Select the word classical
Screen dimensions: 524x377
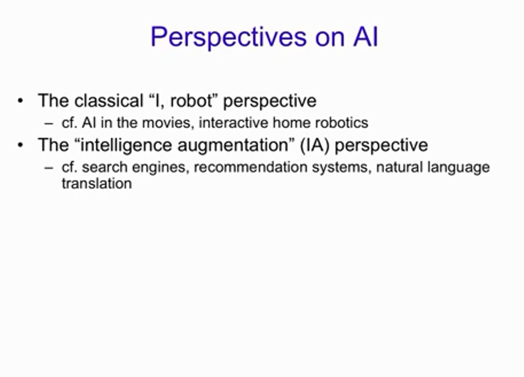(x=109, y=100)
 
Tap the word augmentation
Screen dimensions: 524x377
(x=235, y=146)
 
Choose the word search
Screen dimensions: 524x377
(x=105, y=167)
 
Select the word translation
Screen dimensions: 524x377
(x=97, y=183)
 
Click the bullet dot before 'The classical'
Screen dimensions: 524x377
(x=21, y=100)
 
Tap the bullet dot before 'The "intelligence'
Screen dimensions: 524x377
(x=21, y=145)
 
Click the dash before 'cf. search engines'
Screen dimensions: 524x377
(x=49, y=168)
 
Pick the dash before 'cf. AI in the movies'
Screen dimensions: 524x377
(x=49, y=123)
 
